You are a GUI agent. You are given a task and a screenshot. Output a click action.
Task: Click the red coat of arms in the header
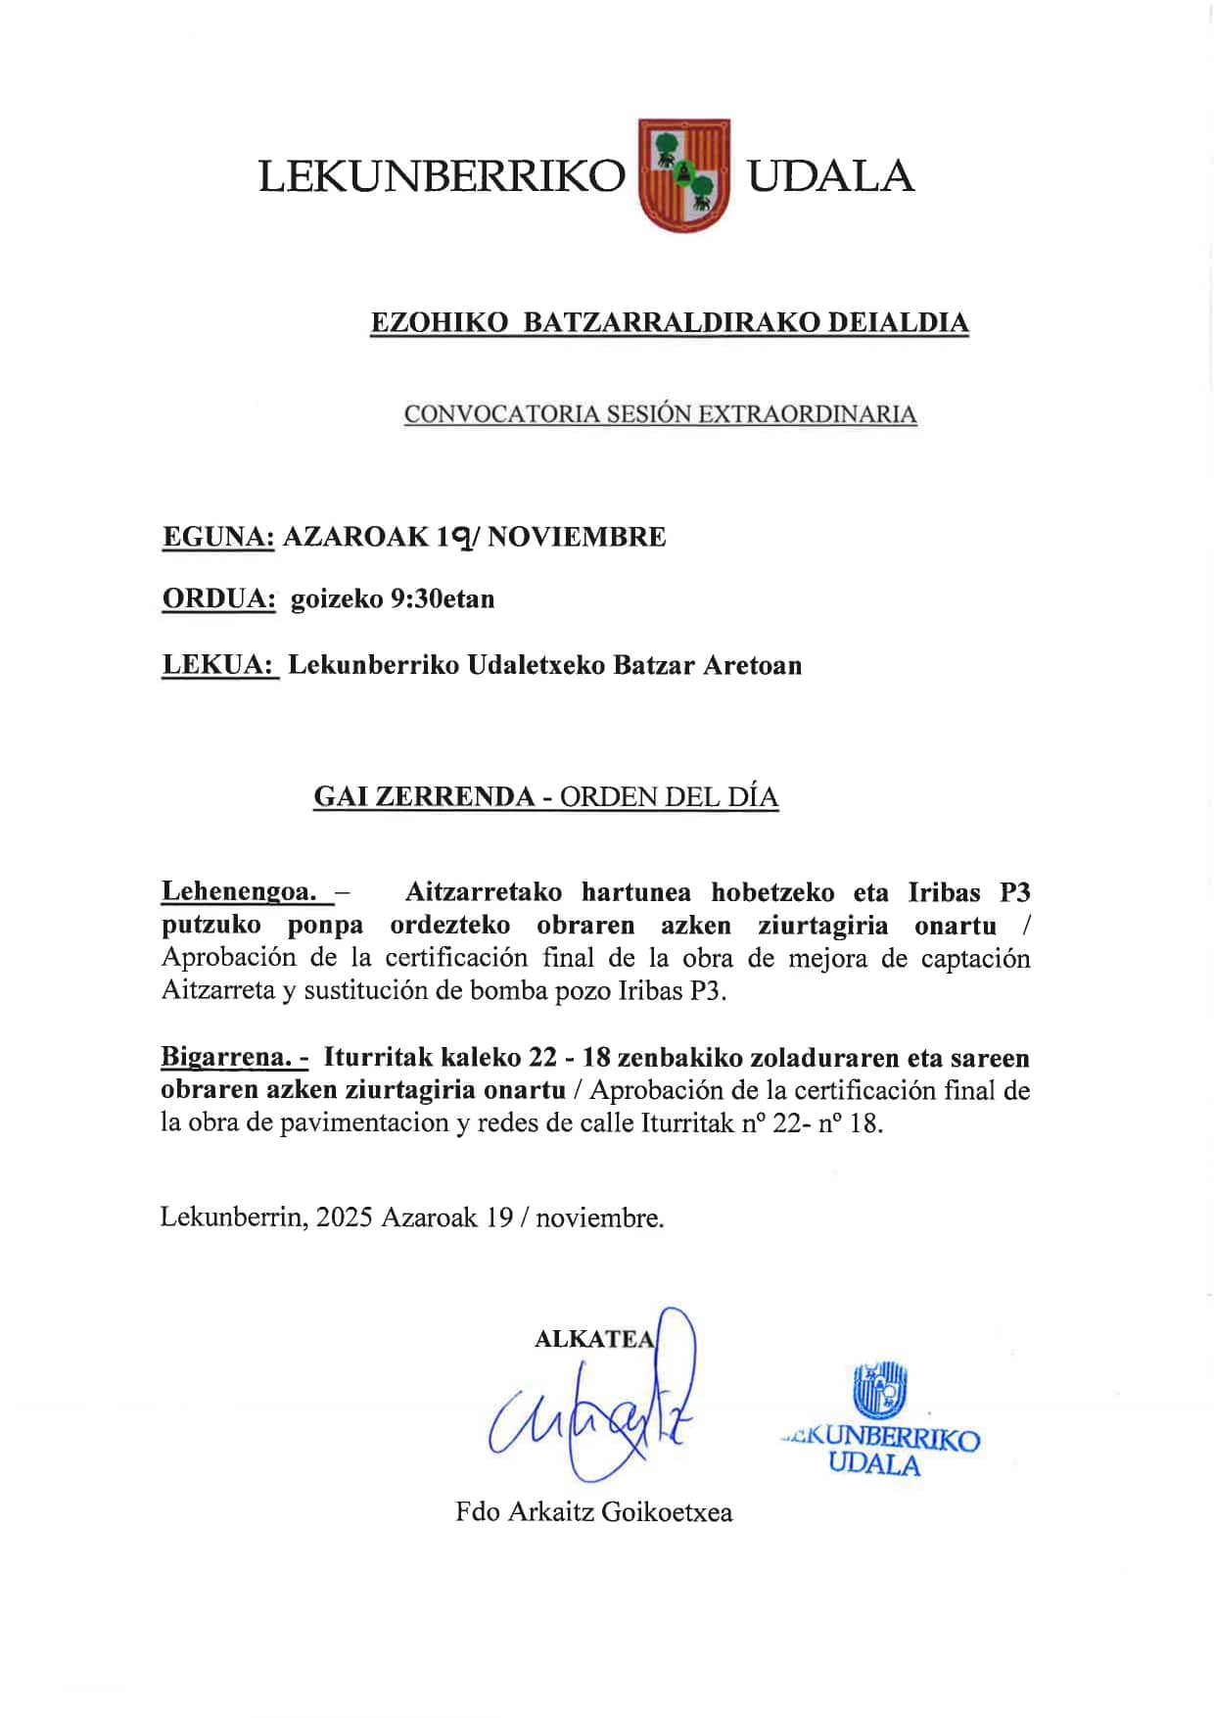pos(683,175)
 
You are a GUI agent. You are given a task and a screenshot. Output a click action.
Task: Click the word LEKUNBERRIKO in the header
pos(442,177)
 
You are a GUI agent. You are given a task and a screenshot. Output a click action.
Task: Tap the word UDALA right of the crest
pos(830,177)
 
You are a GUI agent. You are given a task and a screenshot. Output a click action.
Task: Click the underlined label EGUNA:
pos(217,537)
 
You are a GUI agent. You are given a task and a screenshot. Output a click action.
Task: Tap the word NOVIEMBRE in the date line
pos(577,537)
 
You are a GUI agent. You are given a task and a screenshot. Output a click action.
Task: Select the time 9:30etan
pos(442,598)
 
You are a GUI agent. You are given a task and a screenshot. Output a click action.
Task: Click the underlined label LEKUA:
pos(219,665)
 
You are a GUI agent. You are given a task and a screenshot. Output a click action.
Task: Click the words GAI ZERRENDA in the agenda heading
pos(424,796)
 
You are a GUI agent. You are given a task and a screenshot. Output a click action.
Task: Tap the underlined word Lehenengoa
pos(239,892)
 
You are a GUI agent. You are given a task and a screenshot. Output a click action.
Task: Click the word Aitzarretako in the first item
pos(484,892)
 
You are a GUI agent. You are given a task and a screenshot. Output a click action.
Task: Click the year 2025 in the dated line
pos(344,1217)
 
